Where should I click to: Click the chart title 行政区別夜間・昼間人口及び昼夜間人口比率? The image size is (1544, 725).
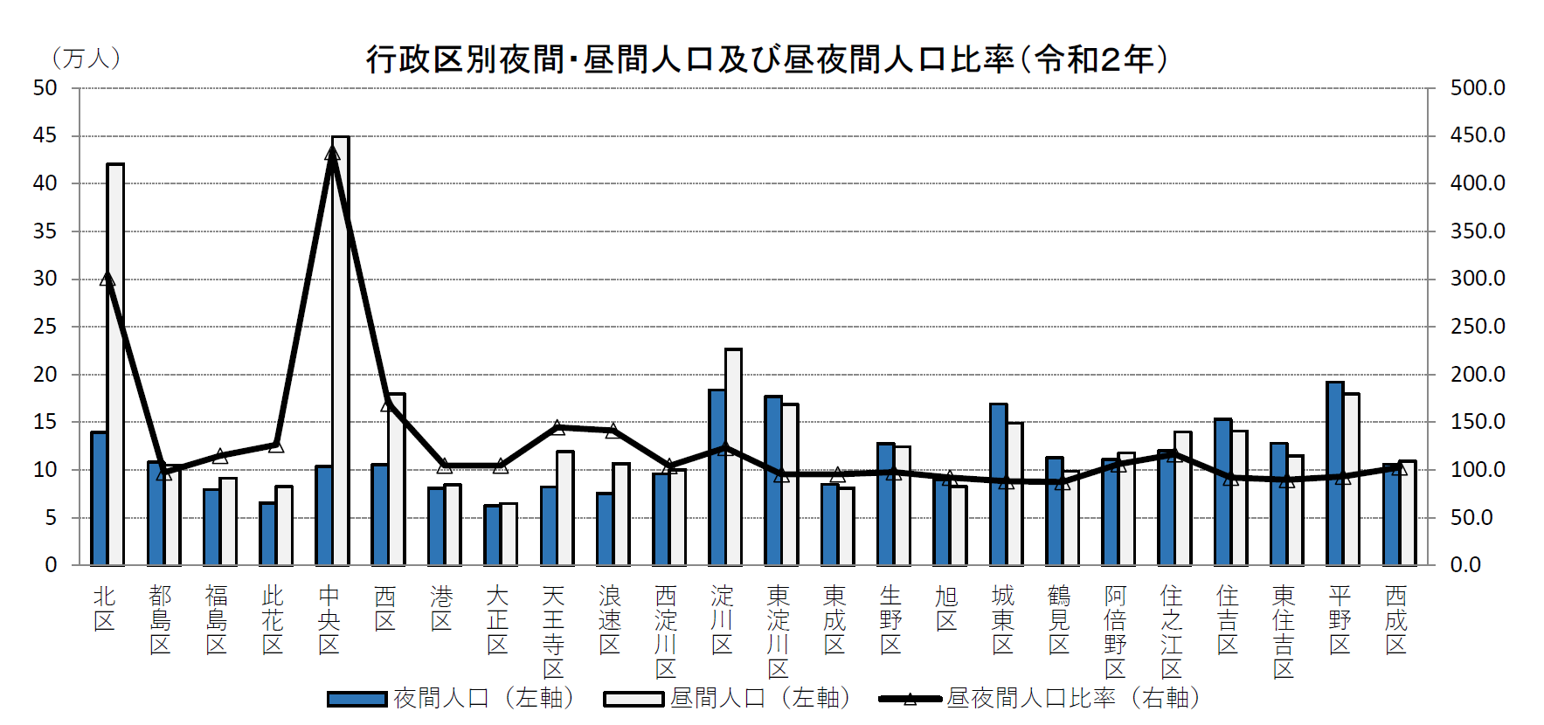766,59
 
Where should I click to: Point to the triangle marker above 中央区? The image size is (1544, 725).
332,154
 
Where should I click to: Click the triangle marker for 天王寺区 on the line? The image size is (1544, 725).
557,427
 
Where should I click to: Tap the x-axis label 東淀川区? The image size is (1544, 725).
778,632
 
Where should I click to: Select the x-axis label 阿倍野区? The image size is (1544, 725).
1115,632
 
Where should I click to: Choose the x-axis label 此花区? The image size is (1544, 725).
273,620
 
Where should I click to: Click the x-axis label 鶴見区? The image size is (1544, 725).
1059,620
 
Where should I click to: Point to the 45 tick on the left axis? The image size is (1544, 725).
45,135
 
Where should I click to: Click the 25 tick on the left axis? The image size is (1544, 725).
45,327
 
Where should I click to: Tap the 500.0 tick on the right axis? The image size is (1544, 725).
1478,87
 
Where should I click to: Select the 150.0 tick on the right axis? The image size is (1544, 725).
1478,422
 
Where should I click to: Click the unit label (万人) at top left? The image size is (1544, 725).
86,59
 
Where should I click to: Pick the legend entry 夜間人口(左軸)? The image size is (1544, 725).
451,698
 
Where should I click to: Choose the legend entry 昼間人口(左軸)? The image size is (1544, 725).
727,698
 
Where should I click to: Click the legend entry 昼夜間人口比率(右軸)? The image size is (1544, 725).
1040,698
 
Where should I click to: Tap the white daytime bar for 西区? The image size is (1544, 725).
397,480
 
